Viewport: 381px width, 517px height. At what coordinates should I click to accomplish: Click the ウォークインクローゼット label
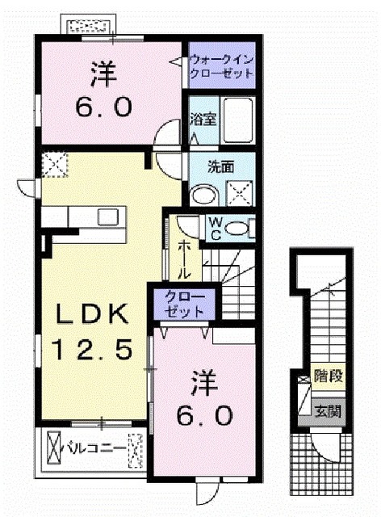click(x=221, y=65)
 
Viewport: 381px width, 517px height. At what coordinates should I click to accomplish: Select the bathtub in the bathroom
click(x=237, y=121)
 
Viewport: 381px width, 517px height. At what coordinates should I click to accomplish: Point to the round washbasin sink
click(x=202, y=195)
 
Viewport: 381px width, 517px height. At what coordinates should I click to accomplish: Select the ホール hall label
click(x=185, y=257)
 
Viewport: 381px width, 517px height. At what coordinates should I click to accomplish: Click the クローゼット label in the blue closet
click(x=185, y=305)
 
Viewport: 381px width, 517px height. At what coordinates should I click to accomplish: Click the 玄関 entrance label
click(x=327, y=410)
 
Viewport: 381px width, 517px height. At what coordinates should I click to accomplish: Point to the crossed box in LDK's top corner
click(x=55, y=165)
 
